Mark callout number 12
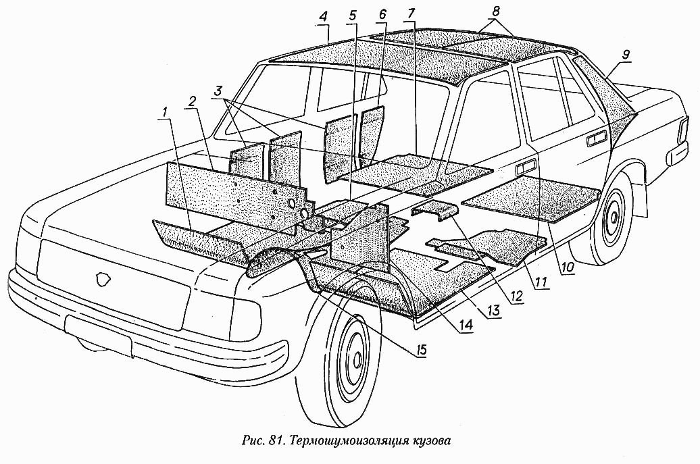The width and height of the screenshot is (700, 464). pos(517,294)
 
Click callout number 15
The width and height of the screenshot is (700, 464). pos(421,352)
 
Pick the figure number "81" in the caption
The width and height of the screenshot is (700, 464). pos(273,442)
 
